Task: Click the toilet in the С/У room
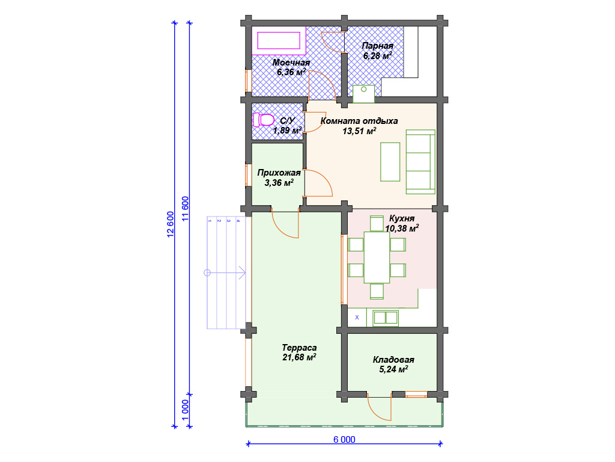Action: [x=263, y=120]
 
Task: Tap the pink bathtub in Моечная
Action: [x=279, y=40]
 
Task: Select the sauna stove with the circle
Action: [x=363, y=94]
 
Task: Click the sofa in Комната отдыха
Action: [x=420, y=162]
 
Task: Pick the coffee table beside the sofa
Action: [x=390, y=162]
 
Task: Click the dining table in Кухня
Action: [x=377, y=257]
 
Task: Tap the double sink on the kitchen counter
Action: [x=386, y=318]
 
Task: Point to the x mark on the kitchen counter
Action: [x=357, y=317]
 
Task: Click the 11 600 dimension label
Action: [x=185, y=209]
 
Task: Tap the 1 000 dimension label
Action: [x=185, y=410]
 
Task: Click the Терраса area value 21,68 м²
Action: [x=299, y=357]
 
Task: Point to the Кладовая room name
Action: [x=393, y=360]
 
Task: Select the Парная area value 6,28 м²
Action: [x=378, y=55]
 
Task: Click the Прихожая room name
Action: [x=279, y=173]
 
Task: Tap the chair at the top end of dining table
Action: [x=377, y=224]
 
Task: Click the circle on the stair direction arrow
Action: [x=207, y=273]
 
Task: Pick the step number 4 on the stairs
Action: [x=238, y=221]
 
